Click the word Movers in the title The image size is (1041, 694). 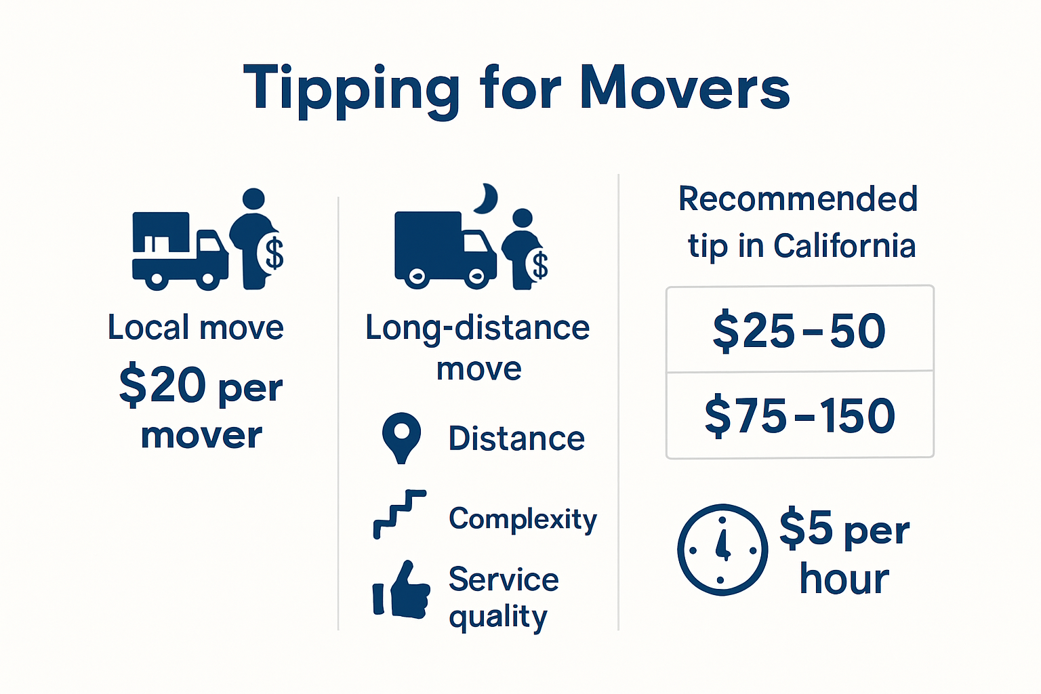pyautogui.click(x=685, y=88)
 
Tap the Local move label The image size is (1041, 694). pyautogui.click(x=195, y=328)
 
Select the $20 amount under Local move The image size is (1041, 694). pyautogui.click(x=163, y=385)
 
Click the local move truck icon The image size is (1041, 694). pyautogui.click(x=180, y=251)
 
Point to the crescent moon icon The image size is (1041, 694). pyautogui.click(x=486, y=199)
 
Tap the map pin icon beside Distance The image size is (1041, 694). pyautogui.click(x=401, y=436)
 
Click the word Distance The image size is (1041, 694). pyautogui.click(x=516, y=438)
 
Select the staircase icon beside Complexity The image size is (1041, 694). pyautogui.click(x=399, y=514)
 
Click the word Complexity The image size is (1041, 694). pyautogui.click(x=523, y=519)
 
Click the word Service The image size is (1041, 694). pyautogui.click(x=504, y=579)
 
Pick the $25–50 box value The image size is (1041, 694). pyautogui.click(x=799, y=331)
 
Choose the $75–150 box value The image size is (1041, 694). pyautogui.click(x=800, y=415)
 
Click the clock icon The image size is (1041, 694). pyautogui.click(x=722, y=550)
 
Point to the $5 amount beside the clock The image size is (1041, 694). pyautogui.click(x=806, y=527)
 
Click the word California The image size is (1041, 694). pyautogui.click(x=844, y=246)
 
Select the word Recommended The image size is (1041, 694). pyautogui.click(x=798, y=199)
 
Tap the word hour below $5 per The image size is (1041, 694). pyautogui.click(x=844, y=579)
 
